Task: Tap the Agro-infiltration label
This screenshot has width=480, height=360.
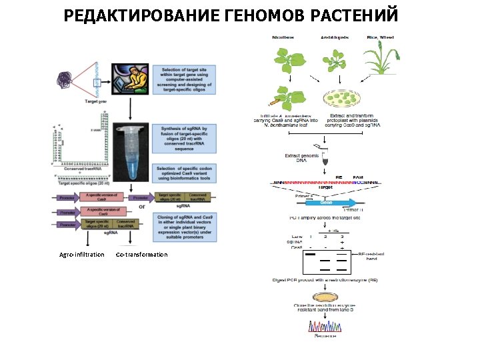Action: pos(81,255)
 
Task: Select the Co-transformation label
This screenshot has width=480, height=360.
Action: pos(141,255)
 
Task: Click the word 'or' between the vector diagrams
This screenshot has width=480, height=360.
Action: pos(141,205)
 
